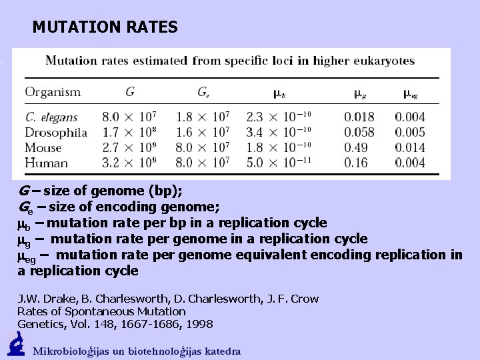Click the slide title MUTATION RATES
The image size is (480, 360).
[105, 27]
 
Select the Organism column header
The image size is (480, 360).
[53, 92]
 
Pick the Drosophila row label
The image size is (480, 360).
[56, 132]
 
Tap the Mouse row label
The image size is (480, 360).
[43, 147]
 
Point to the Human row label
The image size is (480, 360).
[46, 163]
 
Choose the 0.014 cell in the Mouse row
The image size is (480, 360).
[410, 147]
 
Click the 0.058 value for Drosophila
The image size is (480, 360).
[359, 132]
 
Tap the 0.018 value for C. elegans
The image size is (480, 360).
[359, 117]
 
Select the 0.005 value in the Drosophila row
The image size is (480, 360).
[410, 132]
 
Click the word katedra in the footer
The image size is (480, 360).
[222, 351]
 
